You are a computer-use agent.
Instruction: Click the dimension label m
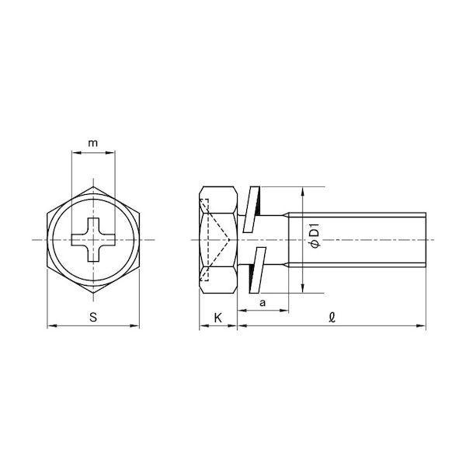(93, 143)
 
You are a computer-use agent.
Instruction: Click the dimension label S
(93, 317)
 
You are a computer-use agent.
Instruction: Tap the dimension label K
(217, 318)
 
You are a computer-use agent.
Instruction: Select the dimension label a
(263, 303)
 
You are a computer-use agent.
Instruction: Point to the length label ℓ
(332, 318)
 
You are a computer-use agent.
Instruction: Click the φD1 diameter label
(314, 235)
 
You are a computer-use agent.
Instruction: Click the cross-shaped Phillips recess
(93, 239)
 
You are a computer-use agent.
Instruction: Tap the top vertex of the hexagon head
(93, 186)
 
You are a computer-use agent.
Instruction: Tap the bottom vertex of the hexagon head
(93, 293)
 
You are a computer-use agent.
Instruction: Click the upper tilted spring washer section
(252, 209)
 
